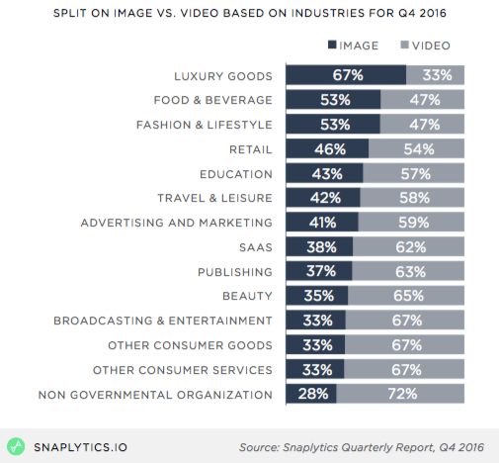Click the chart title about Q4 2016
[249, 14]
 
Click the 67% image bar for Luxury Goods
[346, 75]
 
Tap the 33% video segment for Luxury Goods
[436, 75]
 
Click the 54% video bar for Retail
[416, 148]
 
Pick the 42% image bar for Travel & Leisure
[323, 198]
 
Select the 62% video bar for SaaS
[408, 247]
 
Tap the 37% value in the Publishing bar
[318, 271]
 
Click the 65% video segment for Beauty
[406, 296]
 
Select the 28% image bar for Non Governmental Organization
[310, 395]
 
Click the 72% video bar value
[400, 395]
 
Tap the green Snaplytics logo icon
[17, 444]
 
